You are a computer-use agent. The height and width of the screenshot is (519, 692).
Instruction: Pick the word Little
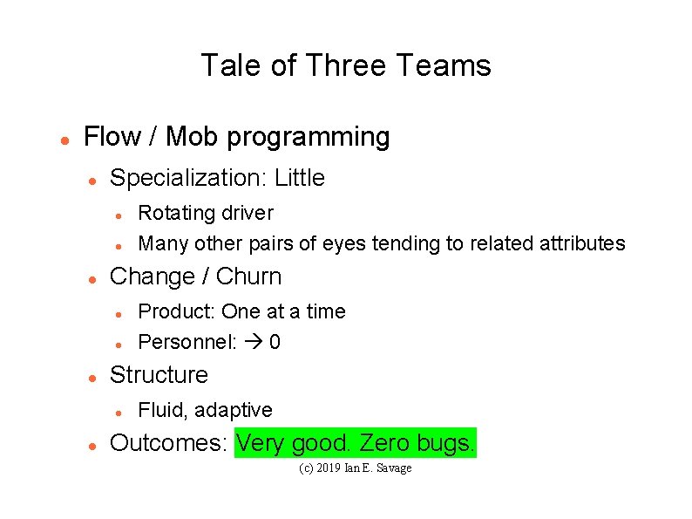[299, 178]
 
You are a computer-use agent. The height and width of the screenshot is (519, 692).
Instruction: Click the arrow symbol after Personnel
[253, 342]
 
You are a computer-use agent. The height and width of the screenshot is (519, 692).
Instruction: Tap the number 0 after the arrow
[275, 342]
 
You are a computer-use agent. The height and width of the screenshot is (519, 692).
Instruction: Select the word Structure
[159, 375]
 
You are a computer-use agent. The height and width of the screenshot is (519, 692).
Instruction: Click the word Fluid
[163, 410]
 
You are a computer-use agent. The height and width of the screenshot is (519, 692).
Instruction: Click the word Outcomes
[168, 443]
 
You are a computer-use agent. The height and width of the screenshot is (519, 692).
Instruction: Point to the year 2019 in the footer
[329, 468]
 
